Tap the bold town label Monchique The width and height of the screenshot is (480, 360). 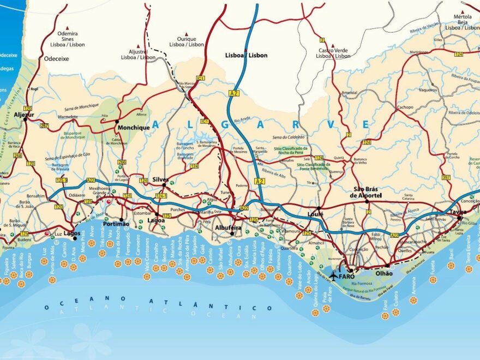(x=133, y=128)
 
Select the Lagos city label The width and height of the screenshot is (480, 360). (x=72, y=233)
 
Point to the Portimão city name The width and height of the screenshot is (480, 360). (x=116, y=224)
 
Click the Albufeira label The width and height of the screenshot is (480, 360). (x=229, y=227)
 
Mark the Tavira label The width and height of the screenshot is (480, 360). (x=458, y=212)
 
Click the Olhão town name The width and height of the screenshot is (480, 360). (x=384, y=273)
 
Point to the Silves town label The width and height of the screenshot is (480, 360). (x=160, y=179)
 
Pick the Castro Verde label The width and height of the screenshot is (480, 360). (x=333, y=50)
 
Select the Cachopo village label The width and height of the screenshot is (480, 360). (x=405, y=107)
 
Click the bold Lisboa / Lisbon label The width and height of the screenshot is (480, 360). (x=247, y=56)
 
